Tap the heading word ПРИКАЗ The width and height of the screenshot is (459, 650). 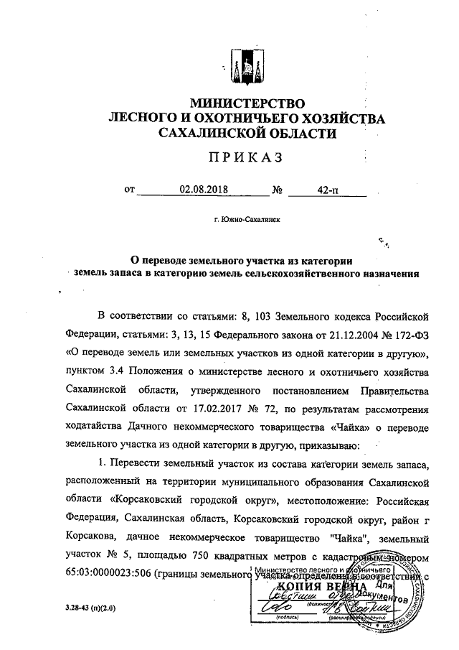coord(242,157)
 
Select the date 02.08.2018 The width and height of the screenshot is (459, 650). coord(201,190)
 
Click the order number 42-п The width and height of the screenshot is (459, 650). coord(328,190)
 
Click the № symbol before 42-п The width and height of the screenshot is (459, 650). coord(278,191)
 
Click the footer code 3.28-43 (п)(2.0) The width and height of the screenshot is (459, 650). coord(90,608)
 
